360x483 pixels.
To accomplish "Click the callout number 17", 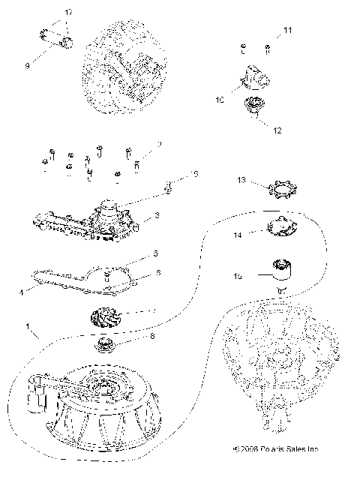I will [x=69, y=13].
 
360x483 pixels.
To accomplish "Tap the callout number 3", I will [x=157, y=216].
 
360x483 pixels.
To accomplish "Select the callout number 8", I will [x=153, y=337].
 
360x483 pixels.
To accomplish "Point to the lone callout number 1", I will [x=28, y=328].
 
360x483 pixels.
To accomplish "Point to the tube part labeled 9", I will [x=54, y=37].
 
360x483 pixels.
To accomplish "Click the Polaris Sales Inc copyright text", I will [x=276, y=471].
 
